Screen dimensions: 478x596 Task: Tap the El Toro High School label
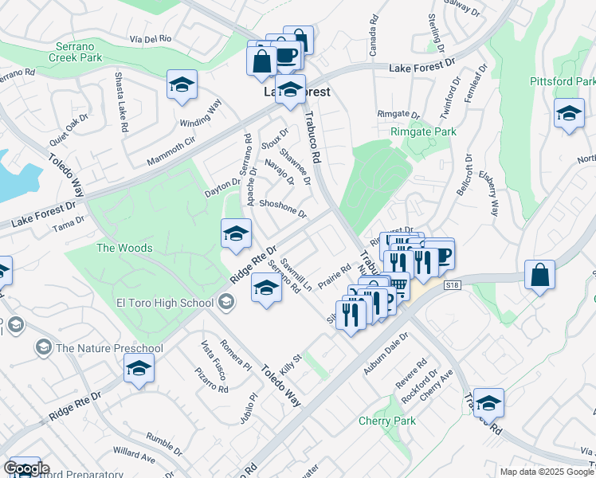click(165, 302)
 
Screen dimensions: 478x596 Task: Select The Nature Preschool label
click(109, 347)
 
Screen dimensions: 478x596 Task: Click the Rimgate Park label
click(423, 131)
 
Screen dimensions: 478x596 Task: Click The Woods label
click(124, 248)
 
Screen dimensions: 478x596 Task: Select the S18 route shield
click(453, 284)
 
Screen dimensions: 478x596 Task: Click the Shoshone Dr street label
click(283, 207)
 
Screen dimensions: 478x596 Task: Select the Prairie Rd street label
click(335, 277)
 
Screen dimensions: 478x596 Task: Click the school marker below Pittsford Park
click(569, 112)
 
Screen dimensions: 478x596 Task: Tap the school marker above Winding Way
click(182, 84)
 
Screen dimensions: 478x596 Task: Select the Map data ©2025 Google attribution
click(546, 472)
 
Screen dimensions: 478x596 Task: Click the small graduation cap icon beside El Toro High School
click(226, 301)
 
